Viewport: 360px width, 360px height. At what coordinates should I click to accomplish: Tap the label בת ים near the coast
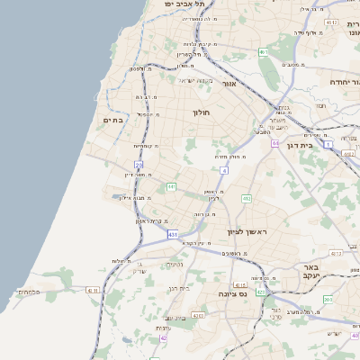point(112,120)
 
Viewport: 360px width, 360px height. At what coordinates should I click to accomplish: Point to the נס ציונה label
point(234,293)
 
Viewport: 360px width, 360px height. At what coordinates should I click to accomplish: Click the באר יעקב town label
point(311,273)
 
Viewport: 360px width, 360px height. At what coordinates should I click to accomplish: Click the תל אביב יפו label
point(184,4)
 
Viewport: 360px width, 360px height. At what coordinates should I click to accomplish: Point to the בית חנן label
point(180,288)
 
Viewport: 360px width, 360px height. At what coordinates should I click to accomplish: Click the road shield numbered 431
point(172,235)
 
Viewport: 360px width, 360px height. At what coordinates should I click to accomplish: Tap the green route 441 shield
point(170,186)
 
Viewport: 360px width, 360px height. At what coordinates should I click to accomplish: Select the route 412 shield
point(246,198)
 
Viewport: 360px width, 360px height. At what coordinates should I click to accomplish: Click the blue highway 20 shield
point(139,165)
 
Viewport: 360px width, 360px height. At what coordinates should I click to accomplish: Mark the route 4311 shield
point(93,290)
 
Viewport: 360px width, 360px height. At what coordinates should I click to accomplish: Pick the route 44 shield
point(274,142)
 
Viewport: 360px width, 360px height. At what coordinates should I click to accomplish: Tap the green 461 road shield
point(264,52)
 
